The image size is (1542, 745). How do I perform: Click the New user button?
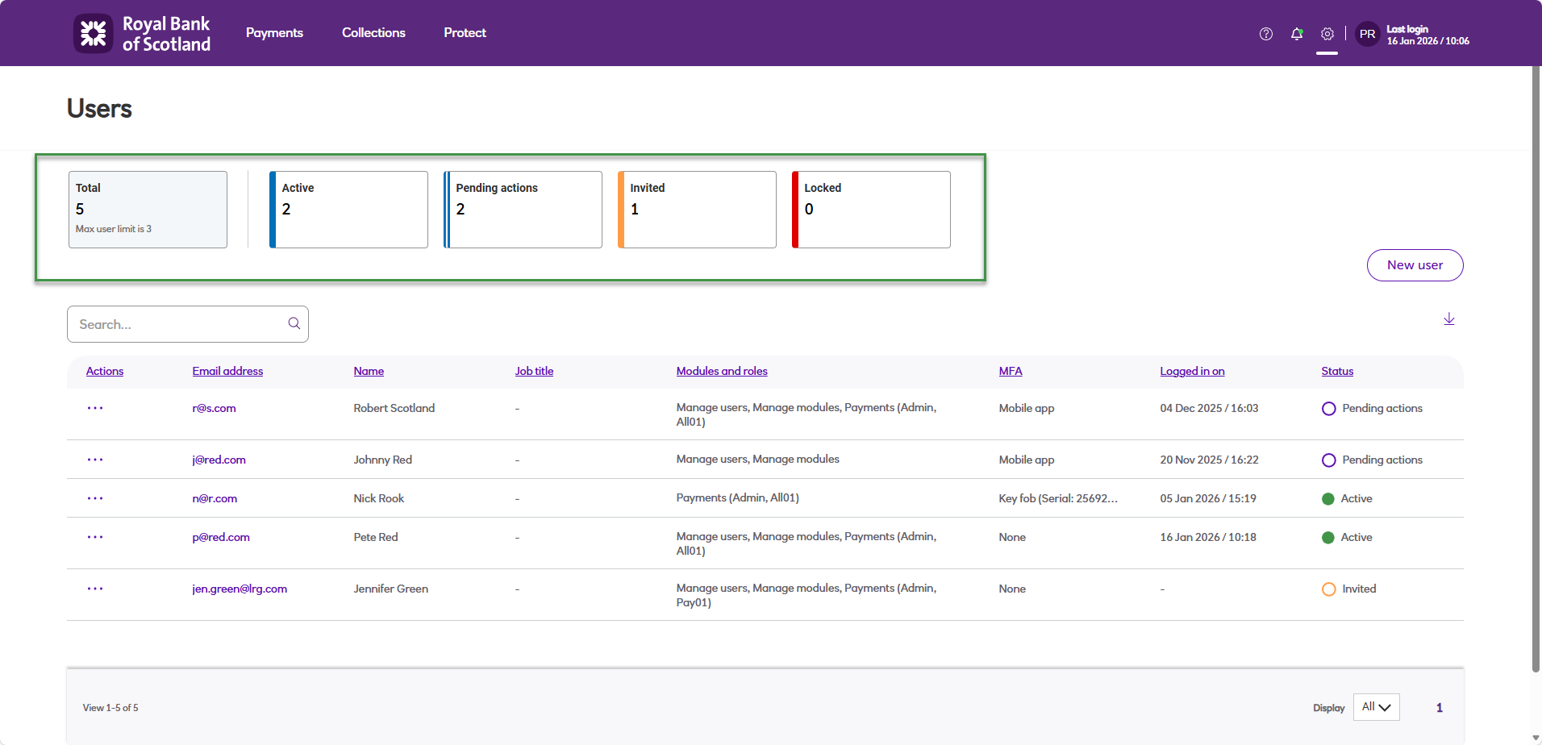point(1415,265)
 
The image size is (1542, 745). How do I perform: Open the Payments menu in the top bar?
point(274,33)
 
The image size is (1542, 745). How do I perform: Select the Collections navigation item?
point(373,33)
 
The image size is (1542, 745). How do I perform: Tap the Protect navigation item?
point(465,33)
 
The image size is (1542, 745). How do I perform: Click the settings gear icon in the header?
point(1327,34)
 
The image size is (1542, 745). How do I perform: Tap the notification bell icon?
point(1296,34)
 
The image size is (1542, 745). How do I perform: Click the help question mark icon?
point(1265,34)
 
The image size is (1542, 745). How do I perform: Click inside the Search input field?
point(181,324)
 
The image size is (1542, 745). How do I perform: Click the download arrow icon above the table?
point(1448,319)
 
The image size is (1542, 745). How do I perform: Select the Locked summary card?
point(871,210)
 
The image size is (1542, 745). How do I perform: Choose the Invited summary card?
point(697,210)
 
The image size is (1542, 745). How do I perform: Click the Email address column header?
point(227,372)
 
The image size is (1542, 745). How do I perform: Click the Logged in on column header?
point(1192,372)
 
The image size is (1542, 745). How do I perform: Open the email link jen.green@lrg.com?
point(240,589)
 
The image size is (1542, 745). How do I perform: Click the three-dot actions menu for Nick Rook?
point(95,498)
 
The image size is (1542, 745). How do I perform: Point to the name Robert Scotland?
point(394,409)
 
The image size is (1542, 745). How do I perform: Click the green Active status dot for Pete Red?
point(1327,538)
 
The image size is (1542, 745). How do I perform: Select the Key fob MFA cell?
point(1057,499)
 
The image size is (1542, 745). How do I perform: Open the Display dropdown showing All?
point(1376,707)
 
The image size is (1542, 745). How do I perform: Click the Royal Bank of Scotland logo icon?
point(94,33)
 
